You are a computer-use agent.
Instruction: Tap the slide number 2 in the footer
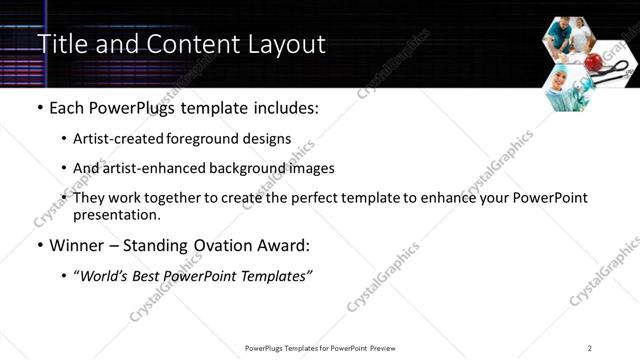[590, 348]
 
